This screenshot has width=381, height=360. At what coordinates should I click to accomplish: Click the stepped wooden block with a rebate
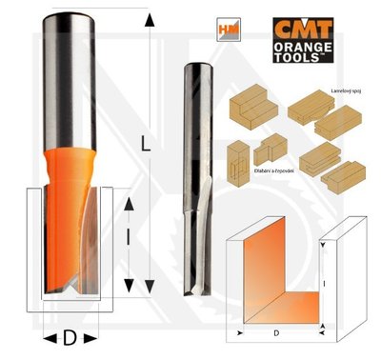[x=253, y=108]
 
